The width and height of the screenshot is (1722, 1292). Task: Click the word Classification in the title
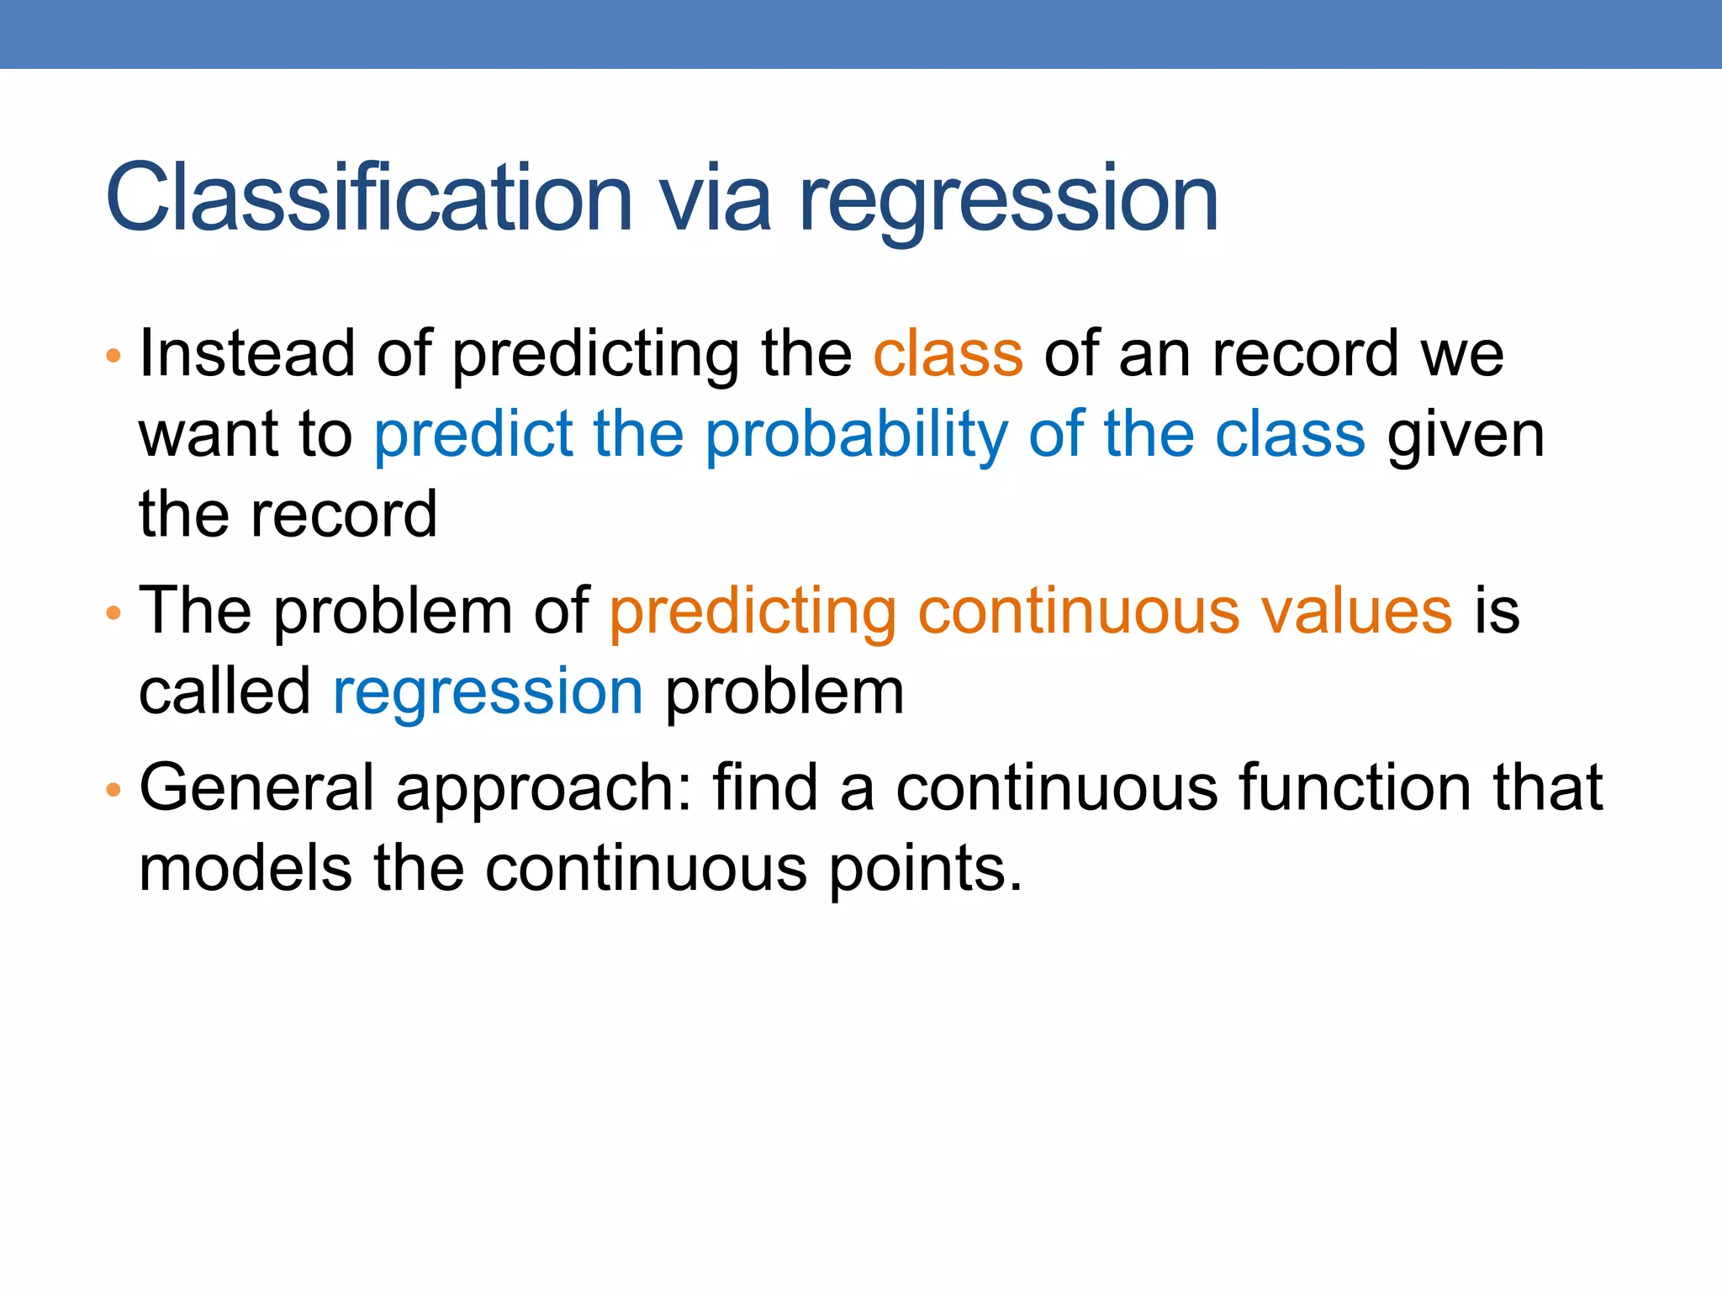point(368,199)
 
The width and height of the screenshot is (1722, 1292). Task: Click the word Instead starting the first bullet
point(247,353)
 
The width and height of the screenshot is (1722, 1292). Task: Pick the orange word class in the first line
point(948,353)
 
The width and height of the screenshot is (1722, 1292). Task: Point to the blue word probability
point(856,436)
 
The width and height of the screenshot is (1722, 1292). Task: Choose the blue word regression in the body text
point(488,693)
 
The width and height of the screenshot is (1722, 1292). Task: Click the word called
point(224,691)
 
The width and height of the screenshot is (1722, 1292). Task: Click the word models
point(245,868)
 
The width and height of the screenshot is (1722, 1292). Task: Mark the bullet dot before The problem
point(114,613)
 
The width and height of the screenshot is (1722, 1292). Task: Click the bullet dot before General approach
point(114,790)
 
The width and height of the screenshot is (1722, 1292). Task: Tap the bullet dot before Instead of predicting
point(114,356)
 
